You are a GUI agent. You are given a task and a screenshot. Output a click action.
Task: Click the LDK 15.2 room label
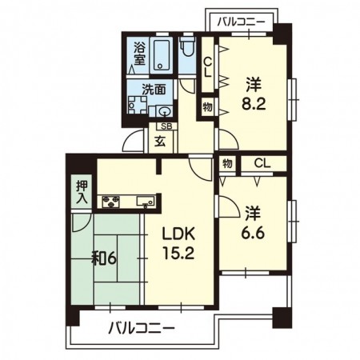(178, 244)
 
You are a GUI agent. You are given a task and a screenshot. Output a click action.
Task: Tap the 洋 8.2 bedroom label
(254, 94)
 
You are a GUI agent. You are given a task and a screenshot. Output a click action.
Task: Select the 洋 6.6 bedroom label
(253, 223)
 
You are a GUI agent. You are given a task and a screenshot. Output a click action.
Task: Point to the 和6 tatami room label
(104, 258)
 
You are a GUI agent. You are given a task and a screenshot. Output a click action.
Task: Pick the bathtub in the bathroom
(159, 55)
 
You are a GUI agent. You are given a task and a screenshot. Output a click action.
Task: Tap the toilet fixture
(188, 46)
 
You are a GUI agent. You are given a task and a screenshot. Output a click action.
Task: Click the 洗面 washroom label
(154, 90)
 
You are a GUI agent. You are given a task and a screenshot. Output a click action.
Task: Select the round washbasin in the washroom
(164, 110)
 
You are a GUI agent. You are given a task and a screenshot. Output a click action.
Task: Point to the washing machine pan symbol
(138, 105)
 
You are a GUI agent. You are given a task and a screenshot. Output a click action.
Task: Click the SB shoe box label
(166, 126)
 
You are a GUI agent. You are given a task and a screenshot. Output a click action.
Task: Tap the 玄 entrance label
(160, 142)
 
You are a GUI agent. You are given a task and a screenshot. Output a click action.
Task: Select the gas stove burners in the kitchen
(111, 202)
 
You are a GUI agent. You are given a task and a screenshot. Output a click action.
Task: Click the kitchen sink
(146, 201)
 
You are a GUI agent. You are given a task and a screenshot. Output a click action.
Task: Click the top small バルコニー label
(241, 22)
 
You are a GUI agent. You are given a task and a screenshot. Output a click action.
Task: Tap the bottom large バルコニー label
(142, 328)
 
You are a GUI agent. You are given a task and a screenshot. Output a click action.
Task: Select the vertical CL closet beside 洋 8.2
(207, 68)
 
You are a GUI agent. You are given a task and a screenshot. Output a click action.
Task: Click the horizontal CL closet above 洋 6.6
(262, 163)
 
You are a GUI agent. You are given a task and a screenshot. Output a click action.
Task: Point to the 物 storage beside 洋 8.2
(207, 107)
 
